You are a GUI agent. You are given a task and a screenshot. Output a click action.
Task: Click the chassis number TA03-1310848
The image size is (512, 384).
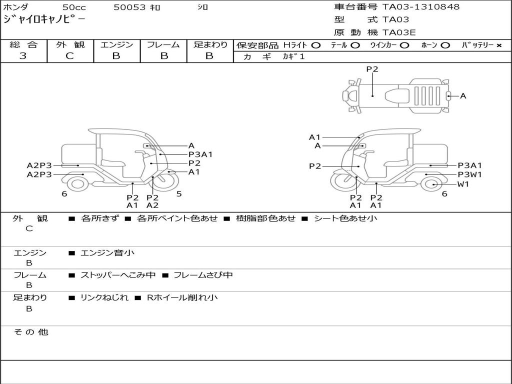tap(421, 7)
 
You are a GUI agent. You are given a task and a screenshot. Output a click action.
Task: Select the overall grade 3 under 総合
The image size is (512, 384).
tap(23, 56)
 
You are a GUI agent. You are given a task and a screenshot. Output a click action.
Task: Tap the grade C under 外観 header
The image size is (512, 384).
tap(69, 56)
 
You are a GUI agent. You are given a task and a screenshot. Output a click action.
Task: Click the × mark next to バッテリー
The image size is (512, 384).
tap(498, 45)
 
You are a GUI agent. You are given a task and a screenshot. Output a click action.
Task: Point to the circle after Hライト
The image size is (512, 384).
tap(316, 45)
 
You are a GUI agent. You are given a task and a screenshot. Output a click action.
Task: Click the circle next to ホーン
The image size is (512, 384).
tap(445, 45)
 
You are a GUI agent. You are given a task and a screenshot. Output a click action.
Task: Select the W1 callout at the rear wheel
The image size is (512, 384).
tap(463, 184)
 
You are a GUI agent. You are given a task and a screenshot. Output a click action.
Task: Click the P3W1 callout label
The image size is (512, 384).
tap(469, 174)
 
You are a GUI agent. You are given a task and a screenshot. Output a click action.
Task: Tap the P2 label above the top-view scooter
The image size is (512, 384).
tap(372, 69)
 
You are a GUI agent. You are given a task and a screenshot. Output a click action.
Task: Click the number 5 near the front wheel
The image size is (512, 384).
tap(179, 193)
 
